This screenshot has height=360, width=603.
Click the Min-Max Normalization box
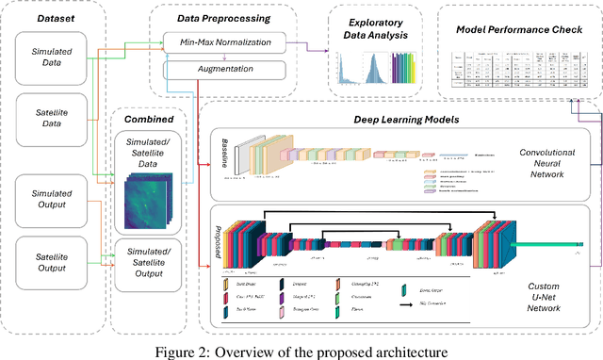pyautogui.click(x=224, y=43)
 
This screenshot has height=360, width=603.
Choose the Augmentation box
pyautogui.click(x=224, y=70)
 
